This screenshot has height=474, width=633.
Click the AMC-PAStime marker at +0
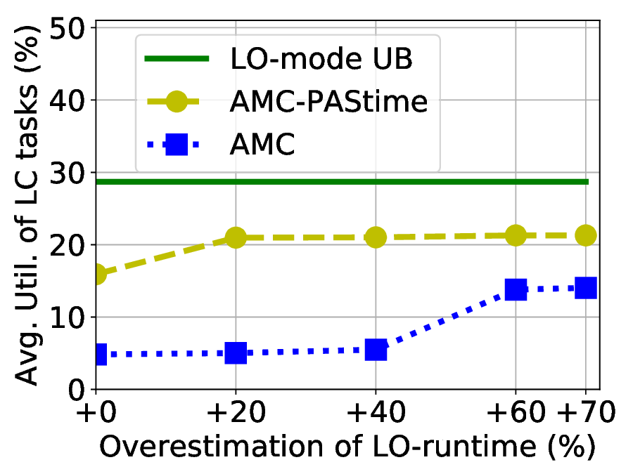coord(96,274)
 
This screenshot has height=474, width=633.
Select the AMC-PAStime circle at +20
coord(236,238)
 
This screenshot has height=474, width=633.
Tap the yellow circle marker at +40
coord(376,238)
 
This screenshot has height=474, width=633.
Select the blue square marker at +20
coord(236,353)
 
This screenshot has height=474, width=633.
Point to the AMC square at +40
coord(376,350)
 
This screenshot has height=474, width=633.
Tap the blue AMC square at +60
coord(516,289)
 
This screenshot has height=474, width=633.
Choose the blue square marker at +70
coord(585,288)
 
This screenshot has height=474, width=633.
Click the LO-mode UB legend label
coord(321,60)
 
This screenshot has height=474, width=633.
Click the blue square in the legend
coord(177,145)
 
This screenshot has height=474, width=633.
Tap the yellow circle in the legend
coord(177,103)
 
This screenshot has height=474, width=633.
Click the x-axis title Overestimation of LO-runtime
coord(347,447)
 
